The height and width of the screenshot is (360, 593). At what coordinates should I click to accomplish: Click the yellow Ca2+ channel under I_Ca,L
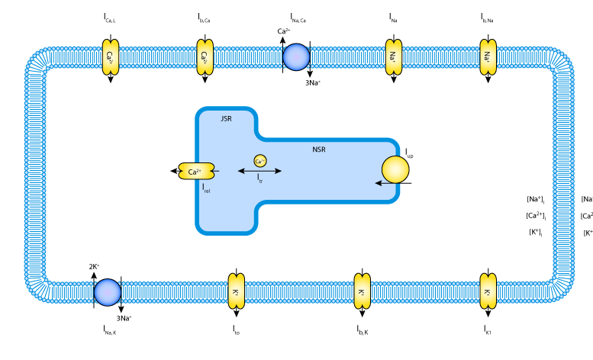110,57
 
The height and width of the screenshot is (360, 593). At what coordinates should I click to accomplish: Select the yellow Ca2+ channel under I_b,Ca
204,57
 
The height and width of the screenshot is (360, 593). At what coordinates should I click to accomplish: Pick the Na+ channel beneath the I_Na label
392,57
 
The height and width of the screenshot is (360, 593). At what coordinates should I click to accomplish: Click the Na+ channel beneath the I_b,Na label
486,57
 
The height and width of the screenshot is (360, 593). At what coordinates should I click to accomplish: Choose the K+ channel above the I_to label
235,292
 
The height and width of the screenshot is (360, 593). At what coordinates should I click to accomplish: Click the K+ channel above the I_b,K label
362,292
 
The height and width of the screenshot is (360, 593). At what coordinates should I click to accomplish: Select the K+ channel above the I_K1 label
486,292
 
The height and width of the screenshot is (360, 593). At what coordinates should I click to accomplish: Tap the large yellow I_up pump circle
395,171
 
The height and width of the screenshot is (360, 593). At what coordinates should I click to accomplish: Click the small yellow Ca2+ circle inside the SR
259,161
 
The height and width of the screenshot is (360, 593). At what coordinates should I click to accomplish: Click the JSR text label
225,119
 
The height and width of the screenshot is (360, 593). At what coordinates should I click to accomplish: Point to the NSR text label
319,149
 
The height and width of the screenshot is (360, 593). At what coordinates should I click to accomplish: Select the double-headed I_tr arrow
259,172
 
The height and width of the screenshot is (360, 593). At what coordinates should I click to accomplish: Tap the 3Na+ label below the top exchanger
313,81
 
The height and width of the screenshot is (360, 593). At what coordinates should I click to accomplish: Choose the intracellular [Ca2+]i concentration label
536,216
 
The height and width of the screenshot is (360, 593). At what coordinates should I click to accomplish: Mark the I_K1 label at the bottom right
487,329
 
